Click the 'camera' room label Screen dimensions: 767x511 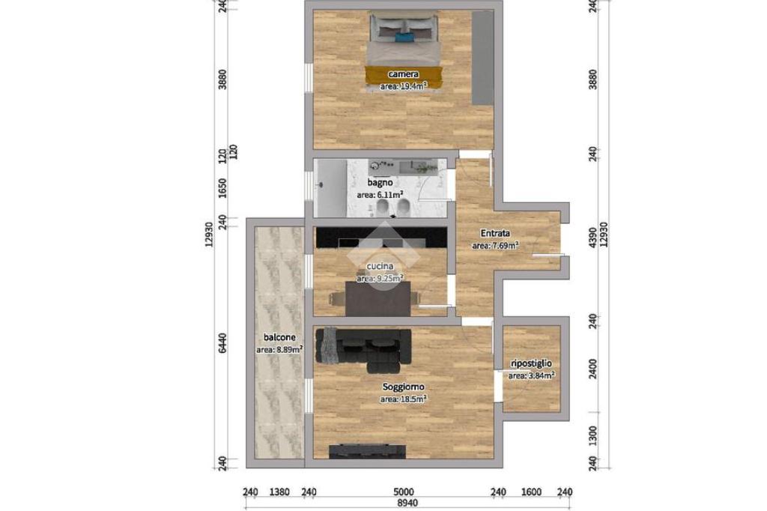[x=403, y=74]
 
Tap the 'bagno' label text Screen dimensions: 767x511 [x=380, y=183]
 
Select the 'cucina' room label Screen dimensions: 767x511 [x=380, y=266]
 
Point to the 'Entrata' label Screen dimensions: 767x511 [x=495, y=234]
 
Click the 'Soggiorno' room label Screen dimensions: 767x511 [x=403, y=387]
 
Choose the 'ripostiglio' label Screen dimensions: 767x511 [x=531, y=363]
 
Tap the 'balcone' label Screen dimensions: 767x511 [x=279, y=337]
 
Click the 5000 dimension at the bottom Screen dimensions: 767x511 [x=404, y=492]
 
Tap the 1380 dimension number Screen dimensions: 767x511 [x=279, y=492]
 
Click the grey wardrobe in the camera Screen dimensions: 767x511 [x=483, y=58]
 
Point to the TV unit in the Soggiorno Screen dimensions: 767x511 [x=367, y=452]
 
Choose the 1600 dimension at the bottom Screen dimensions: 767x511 [x=532, y=492]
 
